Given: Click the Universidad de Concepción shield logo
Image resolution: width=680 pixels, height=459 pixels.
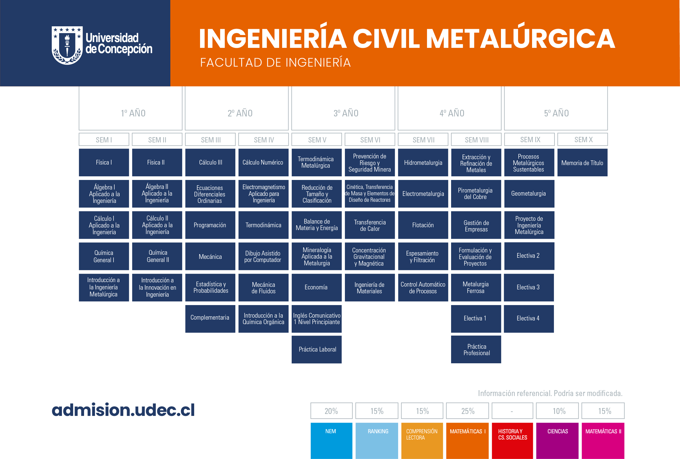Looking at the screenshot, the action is tap(67, 45).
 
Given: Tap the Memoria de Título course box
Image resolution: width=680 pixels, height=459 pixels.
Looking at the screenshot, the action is tap(582, 163).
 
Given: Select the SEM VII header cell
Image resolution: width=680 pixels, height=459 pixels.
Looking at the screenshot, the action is tap(423, 139).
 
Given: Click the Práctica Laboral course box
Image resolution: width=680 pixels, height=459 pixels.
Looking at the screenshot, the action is tap(317, 349).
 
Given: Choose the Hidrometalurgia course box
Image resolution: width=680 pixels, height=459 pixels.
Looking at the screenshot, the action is tap(423, 163).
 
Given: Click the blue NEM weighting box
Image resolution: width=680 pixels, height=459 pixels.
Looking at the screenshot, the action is tap(331, 441).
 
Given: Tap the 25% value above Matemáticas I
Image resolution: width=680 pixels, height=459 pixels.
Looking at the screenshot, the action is tap(468, 411).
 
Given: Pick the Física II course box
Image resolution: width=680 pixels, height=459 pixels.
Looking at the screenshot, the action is tap(157, 163).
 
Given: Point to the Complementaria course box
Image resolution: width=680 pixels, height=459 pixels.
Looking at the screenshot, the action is tap(210, 319).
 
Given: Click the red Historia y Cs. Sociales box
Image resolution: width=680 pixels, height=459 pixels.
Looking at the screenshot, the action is tap(512, 441).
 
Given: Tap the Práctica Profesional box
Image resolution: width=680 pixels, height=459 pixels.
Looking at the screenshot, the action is tap(476, 349).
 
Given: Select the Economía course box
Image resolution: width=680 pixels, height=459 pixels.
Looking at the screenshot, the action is tap(317, 287).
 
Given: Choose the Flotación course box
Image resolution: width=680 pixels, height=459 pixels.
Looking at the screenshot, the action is tap(423, 225).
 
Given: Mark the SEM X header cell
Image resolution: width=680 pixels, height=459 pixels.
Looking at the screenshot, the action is tap(582, 139).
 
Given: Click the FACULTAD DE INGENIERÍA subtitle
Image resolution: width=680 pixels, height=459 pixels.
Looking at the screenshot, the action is tap(275, 62).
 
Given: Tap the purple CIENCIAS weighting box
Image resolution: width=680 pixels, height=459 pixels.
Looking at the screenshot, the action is tap(557, 441).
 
